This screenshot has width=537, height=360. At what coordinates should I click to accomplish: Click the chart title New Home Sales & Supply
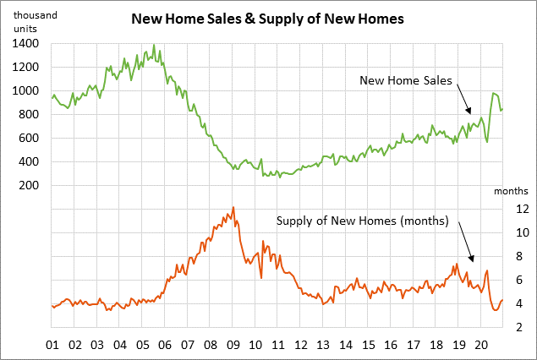[x=267, y=17]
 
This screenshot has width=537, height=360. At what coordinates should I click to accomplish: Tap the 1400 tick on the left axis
[x=26, y=43]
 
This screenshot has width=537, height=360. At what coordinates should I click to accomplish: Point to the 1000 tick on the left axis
[x=26, y=90]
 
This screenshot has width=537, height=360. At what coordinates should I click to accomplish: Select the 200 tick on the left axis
[x=30, y=185]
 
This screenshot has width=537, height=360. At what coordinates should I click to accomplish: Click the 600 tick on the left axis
[x=30, y=138]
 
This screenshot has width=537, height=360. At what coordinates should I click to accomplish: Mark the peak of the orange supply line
[x=233, y=207]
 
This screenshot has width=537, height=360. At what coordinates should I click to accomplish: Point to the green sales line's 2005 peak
[x=153, y=46]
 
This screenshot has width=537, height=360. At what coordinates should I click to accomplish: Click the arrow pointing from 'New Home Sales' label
[x=463, y=99]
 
